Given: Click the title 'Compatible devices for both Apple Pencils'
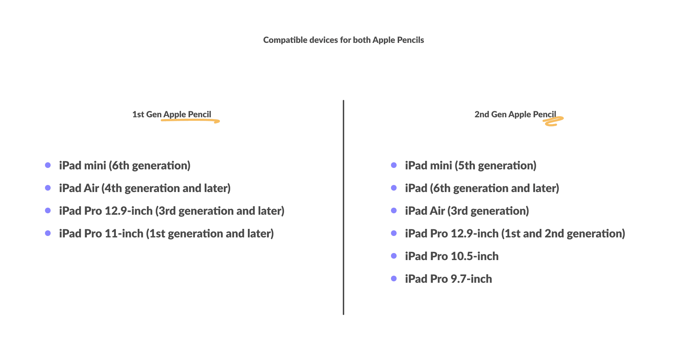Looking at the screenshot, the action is [x=343, y=40].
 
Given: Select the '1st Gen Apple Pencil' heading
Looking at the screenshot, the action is [x=172, y=114].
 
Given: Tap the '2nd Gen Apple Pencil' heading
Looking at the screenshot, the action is [x=515, y=114].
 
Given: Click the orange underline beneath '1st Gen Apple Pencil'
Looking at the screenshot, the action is [x=190, y=120].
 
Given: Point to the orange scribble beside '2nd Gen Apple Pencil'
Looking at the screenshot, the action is [x=553, y=122].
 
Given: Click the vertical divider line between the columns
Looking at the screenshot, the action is [x=343, y=207].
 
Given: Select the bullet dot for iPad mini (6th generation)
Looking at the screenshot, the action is [x=48, y=165].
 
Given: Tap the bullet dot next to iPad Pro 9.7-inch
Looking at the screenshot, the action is [x=394, y=279].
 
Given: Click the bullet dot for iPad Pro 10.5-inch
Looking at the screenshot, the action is [x=394, y=256].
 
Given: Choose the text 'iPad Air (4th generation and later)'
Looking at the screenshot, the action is [x=145, y=188].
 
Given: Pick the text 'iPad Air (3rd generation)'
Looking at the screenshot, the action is [x=467, y=211].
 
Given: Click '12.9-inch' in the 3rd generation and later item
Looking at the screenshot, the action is [x=129, y=211].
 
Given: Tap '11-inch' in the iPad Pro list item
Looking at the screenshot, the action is [x=124, y=234].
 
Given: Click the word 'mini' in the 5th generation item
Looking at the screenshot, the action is [x=441, y=165].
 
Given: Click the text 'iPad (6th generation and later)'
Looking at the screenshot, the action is [x=482, y=188].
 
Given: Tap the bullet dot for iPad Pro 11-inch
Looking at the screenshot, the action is [x=48, y=233].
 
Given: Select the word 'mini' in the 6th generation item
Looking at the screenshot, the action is [x=95, y=165].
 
